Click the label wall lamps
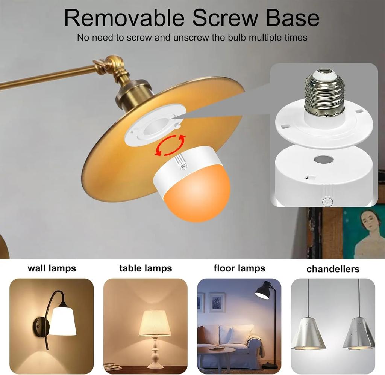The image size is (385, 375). click(52, 268)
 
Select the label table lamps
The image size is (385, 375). click(146, 268)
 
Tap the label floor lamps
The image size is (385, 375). click(239, 268)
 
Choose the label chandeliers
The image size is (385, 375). click(333, 269)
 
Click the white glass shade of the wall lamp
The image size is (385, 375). click(63, 321)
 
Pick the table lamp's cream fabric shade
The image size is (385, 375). click(155, 323)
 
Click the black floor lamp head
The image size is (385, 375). click(264, 291)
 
